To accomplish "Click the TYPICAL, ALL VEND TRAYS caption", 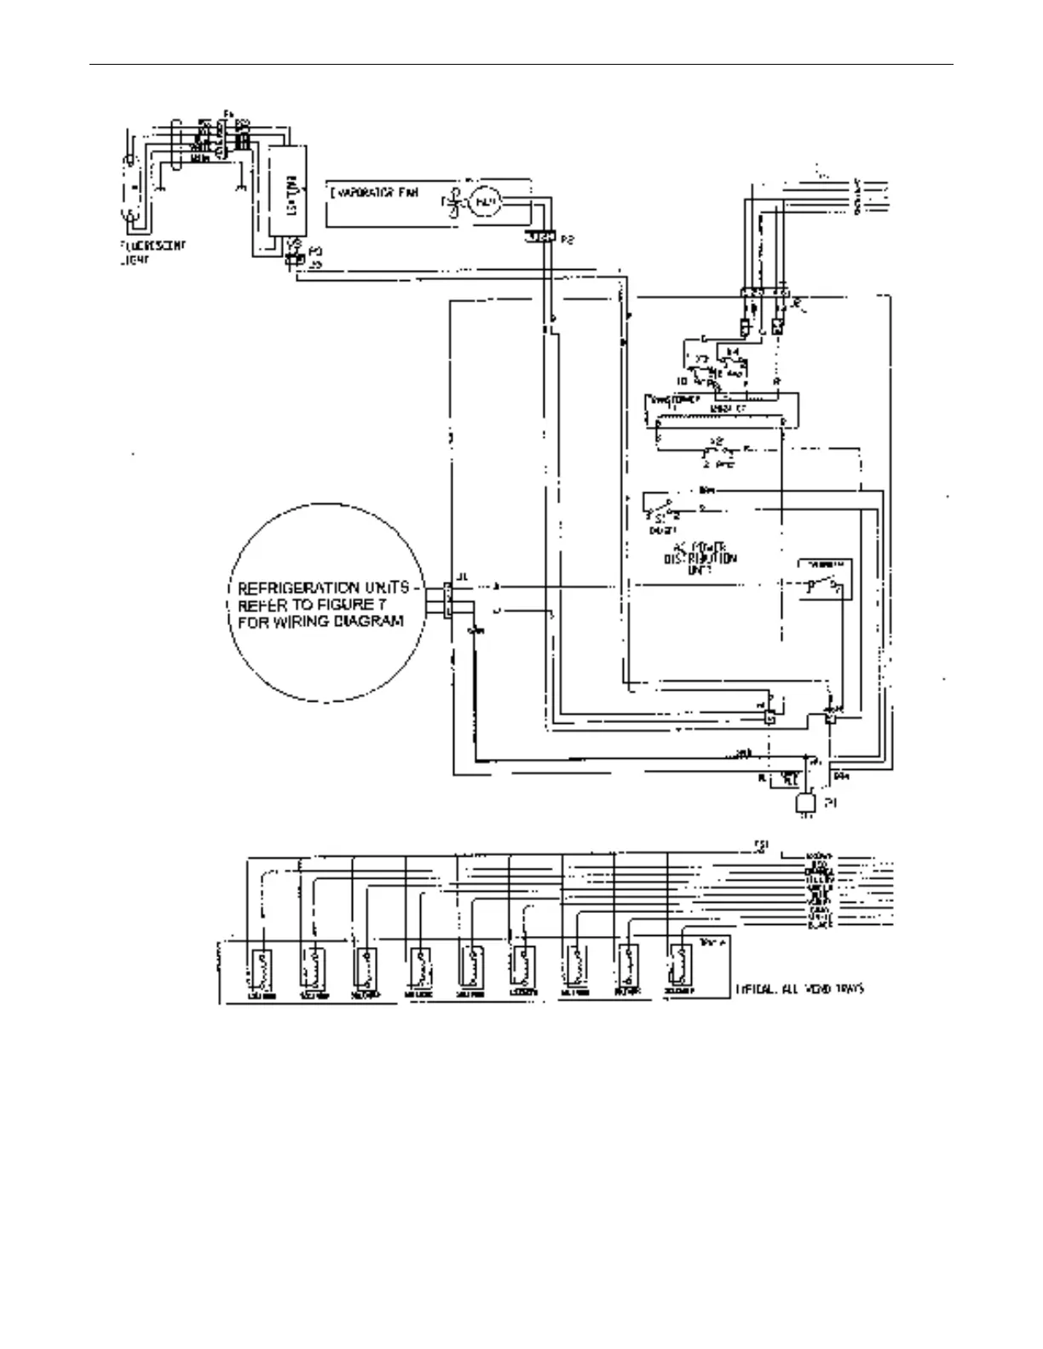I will pos(798,990).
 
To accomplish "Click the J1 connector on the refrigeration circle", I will pos(447,599).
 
